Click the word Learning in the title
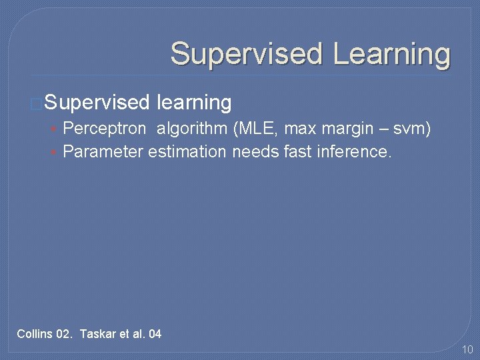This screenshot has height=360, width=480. (391, 53)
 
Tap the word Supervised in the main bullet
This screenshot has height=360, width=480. (97, 103)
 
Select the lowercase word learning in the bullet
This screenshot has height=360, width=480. (193, 103)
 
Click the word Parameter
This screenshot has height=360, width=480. (103, 152)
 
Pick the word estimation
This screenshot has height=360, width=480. (187, 152)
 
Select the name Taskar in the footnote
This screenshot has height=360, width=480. (97, 333)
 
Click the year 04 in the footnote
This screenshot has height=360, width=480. (154, 333)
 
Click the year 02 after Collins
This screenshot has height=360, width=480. (65, 333)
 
